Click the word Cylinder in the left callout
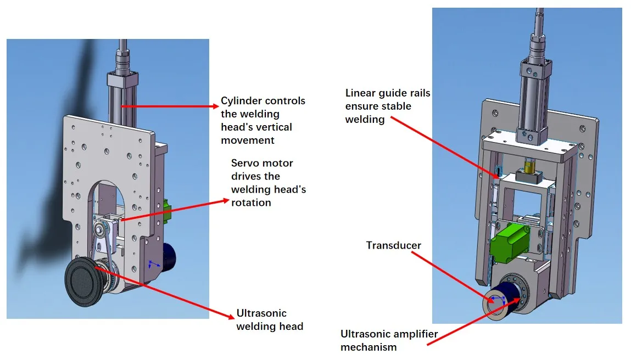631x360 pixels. pyautogui.click(x=241, y=101)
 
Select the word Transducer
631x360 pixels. pyautogui.click(x=394, y=245)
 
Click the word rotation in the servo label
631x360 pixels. pyautogui.click(x=251, y=203)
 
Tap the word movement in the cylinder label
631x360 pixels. pyautogui.click(x=248, y=140)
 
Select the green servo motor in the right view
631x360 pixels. pyautogui.click(x=509, y=243)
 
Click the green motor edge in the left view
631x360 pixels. pyautogui.click(x=167, y=210)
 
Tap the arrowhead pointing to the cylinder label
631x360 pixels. pyautogui.click(x=215, y=106)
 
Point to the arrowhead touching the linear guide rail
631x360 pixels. pyautogui.click(x=498, y=175)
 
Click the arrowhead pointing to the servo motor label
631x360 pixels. pyautogui.click(x=225, y=200)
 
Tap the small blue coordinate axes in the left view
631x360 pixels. pyautogui.click(x=153, y=264)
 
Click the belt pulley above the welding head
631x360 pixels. pyautogui.click(x=99, y=230)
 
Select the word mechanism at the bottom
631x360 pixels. pyautogui.click(x=368, y=347)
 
